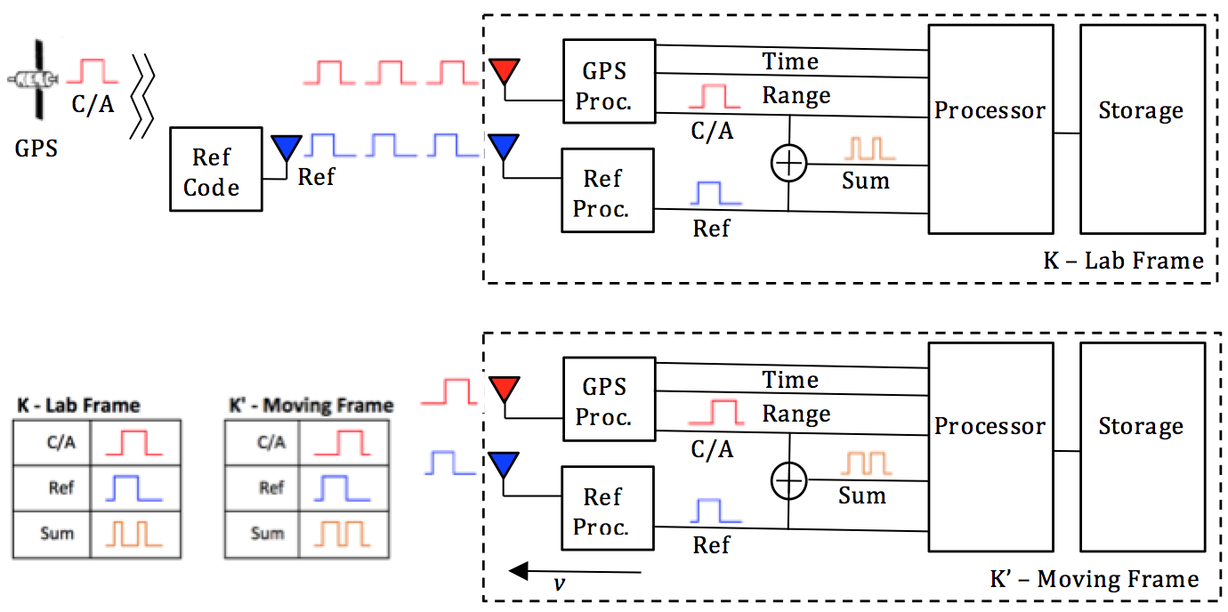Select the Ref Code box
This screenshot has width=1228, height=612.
215,169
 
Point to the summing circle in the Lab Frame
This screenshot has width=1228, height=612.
788,164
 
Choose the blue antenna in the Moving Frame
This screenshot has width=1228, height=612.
505,463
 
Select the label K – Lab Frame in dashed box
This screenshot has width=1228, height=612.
1123,261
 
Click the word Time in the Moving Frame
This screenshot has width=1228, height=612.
790,380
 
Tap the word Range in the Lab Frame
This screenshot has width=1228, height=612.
796,95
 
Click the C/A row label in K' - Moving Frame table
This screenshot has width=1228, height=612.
271,441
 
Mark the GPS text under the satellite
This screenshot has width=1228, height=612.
36,148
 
